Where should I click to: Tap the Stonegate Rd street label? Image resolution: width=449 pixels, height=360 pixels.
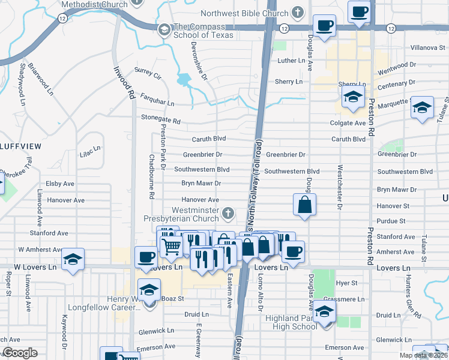(160, 121)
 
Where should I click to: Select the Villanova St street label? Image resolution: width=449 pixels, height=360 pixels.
(430, 47)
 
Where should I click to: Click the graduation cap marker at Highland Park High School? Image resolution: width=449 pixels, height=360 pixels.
(324, 311)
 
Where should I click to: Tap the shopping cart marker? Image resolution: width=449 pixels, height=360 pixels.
(172, 245)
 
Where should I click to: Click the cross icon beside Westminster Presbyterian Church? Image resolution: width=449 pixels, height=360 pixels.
(228, 212)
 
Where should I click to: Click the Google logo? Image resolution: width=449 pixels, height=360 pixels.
(20, 353)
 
